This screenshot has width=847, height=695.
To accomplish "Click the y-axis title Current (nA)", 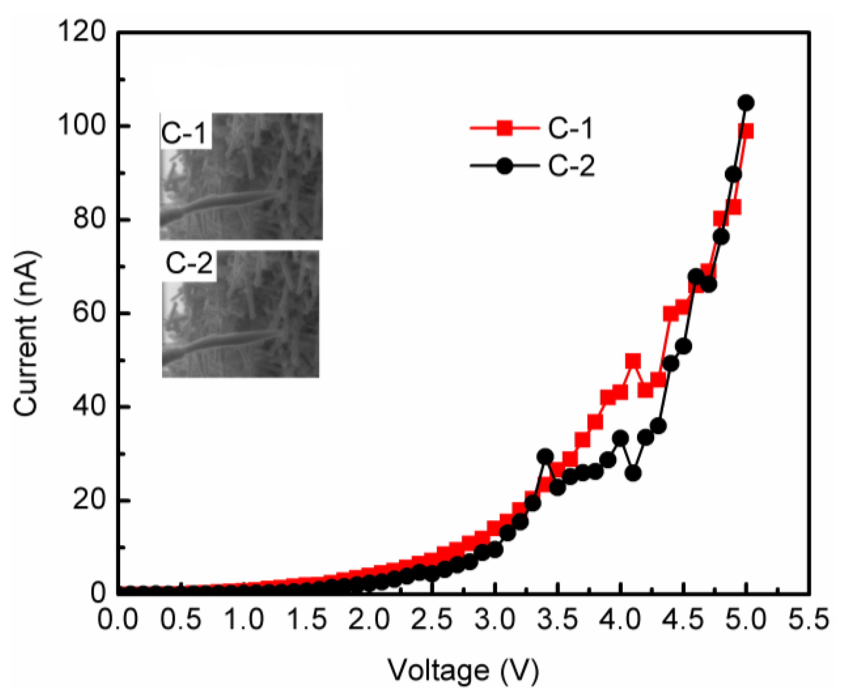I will [x=27, y=333].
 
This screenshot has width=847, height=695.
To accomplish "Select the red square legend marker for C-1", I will [x=505, y=128].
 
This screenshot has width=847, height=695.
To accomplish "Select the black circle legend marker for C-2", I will [x=505, y=166].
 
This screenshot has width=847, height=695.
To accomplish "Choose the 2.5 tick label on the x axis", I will [x=431, y=619].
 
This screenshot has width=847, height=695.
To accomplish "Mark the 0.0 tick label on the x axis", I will [x=118, y=619].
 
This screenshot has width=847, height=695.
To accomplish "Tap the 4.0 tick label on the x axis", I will [x=620, y=619].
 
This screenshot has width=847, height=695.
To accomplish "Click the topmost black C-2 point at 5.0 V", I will [x=746, y=103].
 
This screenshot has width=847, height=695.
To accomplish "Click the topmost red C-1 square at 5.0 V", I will [x=746, y=131].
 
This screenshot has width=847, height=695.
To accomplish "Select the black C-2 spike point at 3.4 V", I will [x=545, y=456].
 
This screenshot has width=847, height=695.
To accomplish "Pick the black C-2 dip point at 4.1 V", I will [x=633, y=473].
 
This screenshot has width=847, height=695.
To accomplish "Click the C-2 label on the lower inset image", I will [x=189, y=263].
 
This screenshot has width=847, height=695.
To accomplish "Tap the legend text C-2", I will [x=571, y=166].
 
